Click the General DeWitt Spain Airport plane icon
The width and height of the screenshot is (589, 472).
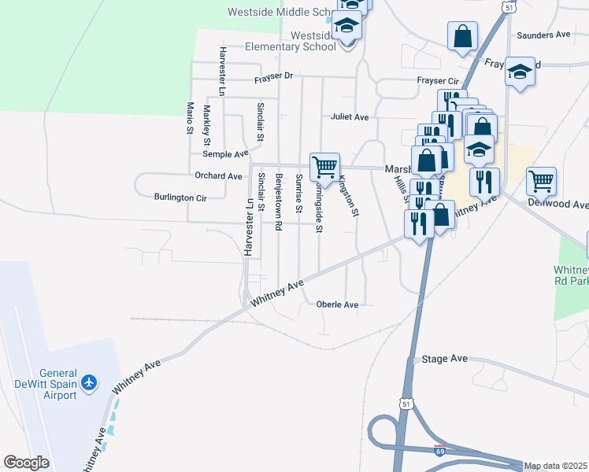pos(90,382)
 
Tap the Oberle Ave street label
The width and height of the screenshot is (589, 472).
pos(337,304)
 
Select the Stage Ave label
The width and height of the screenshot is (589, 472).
pos(445,359)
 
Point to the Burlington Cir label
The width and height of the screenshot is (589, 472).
pos(180,197)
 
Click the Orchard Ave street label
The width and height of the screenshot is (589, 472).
pos(218,176)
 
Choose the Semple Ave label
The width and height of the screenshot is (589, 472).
pos(225,154)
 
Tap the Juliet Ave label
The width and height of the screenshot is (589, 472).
pos(350,117)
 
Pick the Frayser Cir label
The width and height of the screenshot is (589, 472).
pos(437,81)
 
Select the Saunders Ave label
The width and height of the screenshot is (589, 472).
pos(543,35)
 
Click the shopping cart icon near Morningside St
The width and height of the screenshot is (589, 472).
pos(324,167)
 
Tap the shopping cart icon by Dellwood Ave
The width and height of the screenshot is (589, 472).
pos(541,181)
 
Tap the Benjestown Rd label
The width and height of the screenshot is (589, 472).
pos(278,203)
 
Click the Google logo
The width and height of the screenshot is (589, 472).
pos(26,463)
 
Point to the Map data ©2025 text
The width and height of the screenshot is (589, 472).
pos(556,466)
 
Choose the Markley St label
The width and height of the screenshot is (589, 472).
pos(207,125)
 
